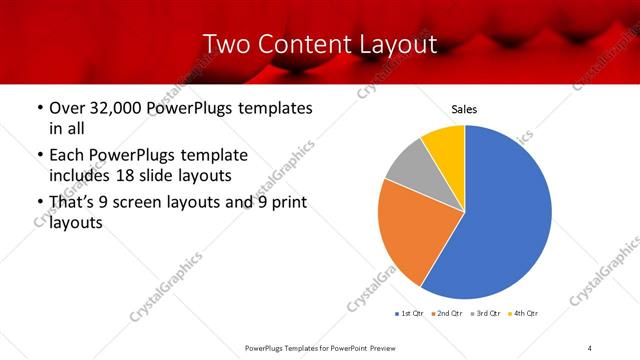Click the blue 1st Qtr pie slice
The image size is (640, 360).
click(505, 220)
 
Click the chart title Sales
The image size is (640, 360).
click(464, 108)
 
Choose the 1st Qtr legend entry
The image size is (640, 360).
click(410, 314)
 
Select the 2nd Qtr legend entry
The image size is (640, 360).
click(447, 314)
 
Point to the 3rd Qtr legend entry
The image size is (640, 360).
click(485, 314)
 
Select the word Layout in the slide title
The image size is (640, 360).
click(397, 44)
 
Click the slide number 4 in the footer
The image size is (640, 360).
click(589, 347)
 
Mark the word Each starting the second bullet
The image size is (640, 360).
click(67, 156)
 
